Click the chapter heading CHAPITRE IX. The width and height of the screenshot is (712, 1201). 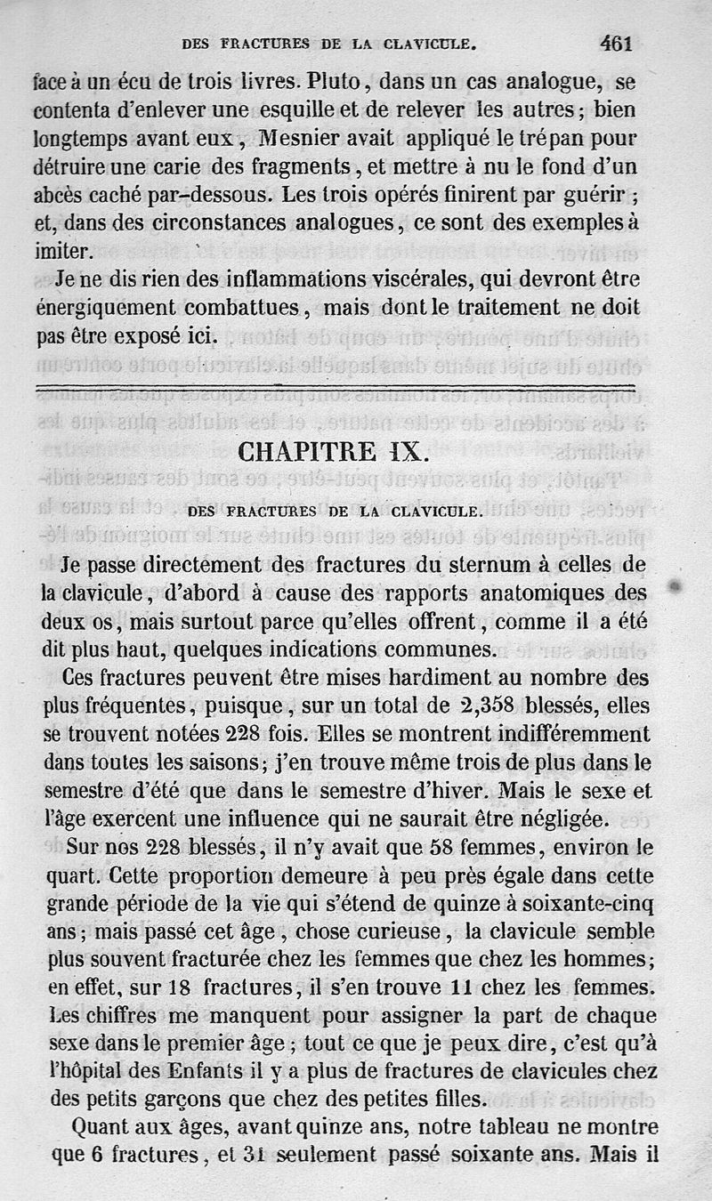pos(335,451)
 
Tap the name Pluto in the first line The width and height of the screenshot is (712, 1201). pos(333,84)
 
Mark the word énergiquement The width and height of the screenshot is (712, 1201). pos(104,308)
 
